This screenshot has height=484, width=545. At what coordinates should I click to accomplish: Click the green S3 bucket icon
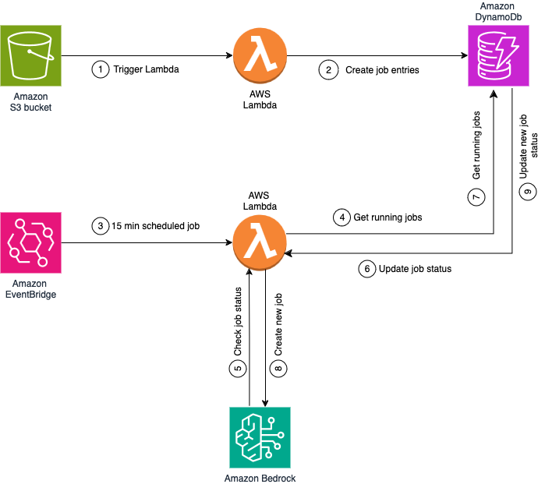30,55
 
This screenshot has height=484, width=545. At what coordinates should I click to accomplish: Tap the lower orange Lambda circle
260,242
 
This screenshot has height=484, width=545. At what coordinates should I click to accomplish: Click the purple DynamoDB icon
498,55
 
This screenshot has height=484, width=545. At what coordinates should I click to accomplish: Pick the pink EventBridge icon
30,242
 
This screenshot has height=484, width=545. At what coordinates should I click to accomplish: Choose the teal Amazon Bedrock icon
260,437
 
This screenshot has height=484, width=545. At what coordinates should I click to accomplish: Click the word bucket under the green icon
38,108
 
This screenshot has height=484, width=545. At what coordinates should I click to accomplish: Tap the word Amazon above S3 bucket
30,97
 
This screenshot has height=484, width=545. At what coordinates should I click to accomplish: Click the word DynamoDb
498,16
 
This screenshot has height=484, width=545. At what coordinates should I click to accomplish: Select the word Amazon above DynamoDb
498,6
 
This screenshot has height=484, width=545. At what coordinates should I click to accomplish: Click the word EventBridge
30,295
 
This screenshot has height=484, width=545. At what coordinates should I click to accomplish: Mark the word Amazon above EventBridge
30,284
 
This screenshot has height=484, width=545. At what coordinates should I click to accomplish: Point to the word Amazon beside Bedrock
242,479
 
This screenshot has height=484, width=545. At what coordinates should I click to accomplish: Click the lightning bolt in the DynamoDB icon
508,50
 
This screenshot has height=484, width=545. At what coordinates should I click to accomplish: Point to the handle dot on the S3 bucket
30,51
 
